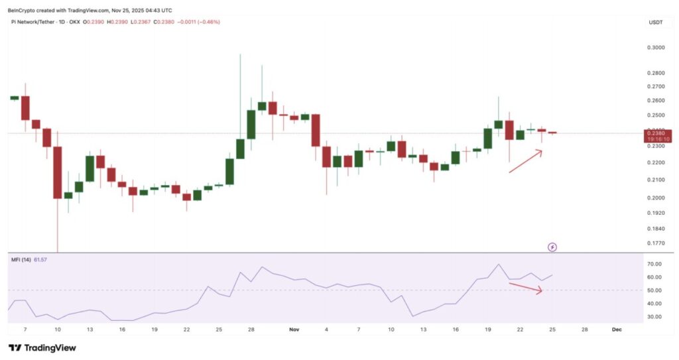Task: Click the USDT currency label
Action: click(654, 23)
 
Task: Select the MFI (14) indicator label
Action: click(20, 259)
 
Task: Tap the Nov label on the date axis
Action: click(294, 329)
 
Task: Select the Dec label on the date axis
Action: click(617, 329)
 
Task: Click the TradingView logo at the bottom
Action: click(42, 347)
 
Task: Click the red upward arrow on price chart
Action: click(525, 161)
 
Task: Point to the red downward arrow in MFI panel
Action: click(525, 287)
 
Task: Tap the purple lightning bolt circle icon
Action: click(552, 247)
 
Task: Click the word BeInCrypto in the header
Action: click(22, 10)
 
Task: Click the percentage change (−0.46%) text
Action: click(208, 22)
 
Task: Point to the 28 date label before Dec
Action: click(585, 329)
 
